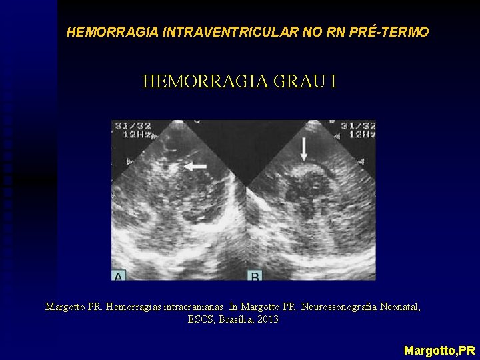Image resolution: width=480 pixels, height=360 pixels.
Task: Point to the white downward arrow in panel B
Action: pyautogui.click(x=304, y=149)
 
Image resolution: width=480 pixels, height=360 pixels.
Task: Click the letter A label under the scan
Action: pyautogui.click(x=119, y=275)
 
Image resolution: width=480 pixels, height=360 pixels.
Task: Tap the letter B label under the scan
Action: pyautogui.click(x=255, y=275)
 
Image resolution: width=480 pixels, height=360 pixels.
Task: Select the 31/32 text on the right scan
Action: pyautogui.click(x=359, y=125)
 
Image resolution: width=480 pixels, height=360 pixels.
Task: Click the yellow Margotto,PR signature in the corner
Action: pyautogui.click(x=439, y=350)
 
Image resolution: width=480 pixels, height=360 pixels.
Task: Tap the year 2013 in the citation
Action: pyautogui.click(x=267, y=320)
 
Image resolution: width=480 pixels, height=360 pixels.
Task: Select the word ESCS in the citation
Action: pyautogui.click(x=199, y=320)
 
